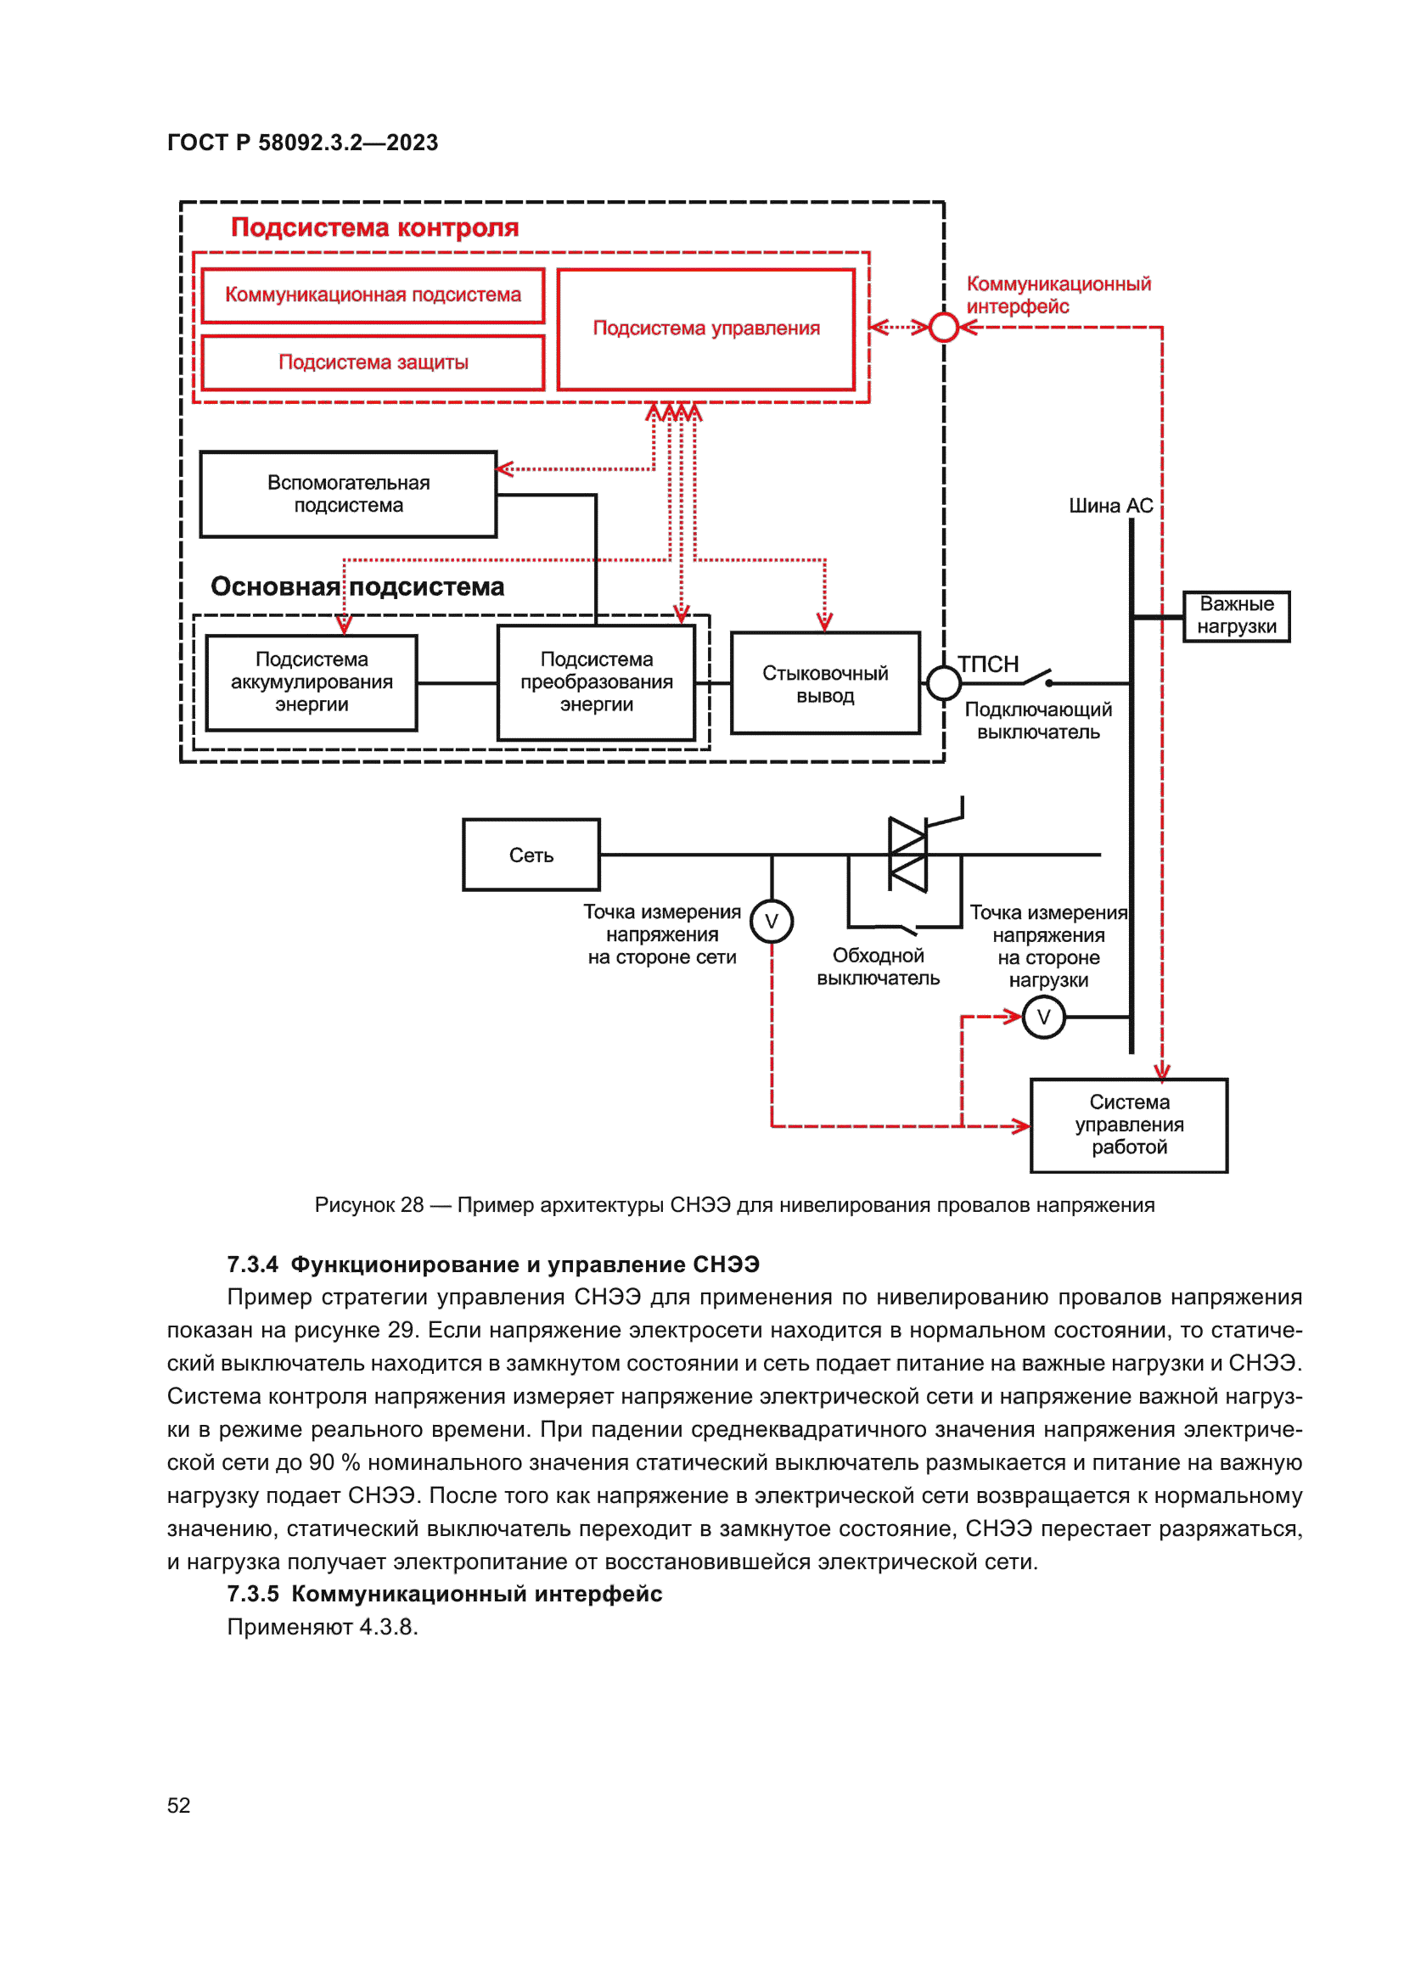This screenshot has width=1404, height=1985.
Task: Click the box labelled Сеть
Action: click(531, 855)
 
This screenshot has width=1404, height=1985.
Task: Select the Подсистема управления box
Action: click(705, 328)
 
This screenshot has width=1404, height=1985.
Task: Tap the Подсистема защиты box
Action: click(373, 362)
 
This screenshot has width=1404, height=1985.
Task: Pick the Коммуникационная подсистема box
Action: click(373, 294)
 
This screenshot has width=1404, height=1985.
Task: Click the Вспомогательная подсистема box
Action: click(347, 494)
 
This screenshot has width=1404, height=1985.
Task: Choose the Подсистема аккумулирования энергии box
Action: click(312, 682)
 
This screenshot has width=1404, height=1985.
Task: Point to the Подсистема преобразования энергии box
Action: click(596, 682)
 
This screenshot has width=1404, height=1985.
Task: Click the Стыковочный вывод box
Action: click(825, 683)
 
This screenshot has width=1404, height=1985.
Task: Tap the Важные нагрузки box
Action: click(1235, 615)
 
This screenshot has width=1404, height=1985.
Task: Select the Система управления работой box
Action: click(1128, 1124)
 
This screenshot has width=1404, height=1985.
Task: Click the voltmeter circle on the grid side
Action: click(771, 921)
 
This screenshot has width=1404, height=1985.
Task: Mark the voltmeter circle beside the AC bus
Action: click(1042, 1017)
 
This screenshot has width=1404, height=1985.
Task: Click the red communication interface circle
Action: click(943, 328)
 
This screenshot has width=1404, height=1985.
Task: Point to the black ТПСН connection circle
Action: click(943, 683)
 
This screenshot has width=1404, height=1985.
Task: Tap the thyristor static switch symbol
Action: click(907, 855)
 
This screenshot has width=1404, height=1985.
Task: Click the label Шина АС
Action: click(1110, 506)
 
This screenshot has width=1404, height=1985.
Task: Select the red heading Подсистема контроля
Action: click(374, 227)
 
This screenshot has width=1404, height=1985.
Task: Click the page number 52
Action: click(178, 1805)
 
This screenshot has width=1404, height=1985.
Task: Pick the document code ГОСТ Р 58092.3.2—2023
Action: click(302, 143)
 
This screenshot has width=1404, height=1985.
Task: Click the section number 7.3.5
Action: click(252, 1594)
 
